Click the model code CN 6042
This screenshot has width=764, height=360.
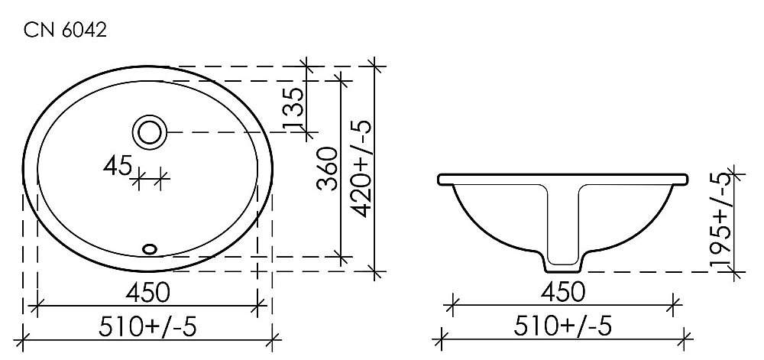tap(64, 31)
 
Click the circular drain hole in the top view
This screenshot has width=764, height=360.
tap(150, 131)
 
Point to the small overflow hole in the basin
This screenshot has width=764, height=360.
tap(150, 248)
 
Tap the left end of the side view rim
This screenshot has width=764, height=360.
tap(441, 180)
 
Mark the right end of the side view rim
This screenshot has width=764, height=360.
tap(687, 180)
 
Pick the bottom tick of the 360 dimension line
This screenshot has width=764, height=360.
tap(338, 257)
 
